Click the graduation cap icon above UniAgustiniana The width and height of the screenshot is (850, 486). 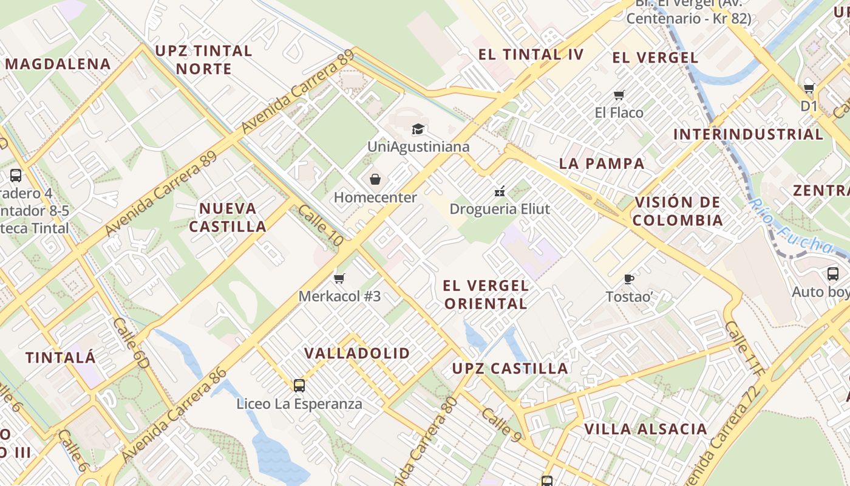[418, 129]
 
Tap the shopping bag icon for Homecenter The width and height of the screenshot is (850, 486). [375, 179]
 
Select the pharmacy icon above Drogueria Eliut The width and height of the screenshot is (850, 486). [500, 191]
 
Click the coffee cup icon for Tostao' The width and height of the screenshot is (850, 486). [629, 279]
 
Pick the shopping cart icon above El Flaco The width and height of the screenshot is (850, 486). [619, 95]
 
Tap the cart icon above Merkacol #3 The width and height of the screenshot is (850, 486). [339, 278]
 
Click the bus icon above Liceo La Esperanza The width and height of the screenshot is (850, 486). [299, 385]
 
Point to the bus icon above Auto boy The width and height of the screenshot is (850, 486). [832, 273]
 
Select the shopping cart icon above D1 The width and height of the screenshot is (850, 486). [809, 88]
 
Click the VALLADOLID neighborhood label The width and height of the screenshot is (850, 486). [357, 353]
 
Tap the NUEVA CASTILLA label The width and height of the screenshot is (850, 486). [228, 217]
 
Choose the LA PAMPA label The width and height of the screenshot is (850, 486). [602, 163]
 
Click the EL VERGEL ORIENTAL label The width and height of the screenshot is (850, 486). [486, 295]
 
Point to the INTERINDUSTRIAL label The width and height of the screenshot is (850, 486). [748, 134]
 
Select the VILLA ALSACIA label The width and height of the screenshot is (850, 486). [645, 429]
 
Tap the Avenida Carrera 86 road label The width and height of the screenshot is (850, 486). [174, 414]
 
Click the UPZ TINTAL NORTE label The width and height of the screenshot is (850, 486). [203, 60]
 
